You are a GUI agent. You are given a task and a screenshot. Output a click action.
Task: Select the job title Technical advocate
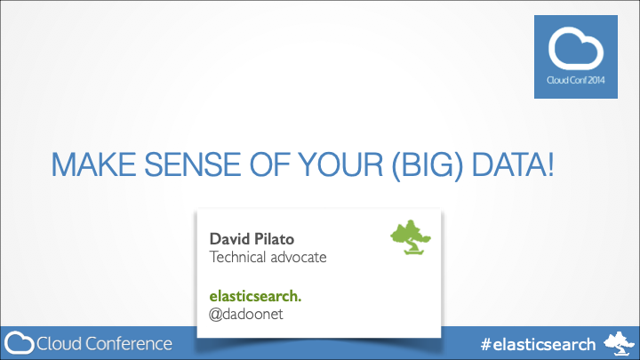pyautogui.click(x=268, y=258)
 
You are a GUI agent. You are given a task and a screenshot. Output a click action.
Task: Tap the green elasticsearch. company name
pyautogui.click(x=255, y=295)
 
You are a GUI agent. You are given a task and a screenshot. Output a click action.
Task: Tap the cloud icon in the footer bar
pyautogui.click(x=20, y=343)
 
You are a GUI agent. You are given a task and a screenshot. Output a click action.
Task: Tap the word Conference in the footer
pyautogui.click(x=126, y=343)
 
